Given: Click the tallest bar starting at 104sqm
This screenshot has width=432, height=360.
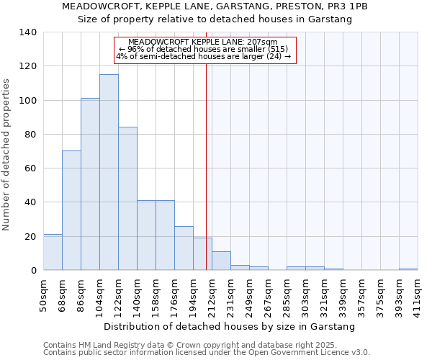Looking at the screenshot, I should pos(109,173).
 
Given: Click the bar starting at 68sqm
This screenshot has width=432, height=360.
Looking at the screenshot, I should pos(71,210).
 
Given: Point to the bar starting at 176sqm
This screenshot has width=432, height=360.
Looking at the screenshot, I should pos(184,248).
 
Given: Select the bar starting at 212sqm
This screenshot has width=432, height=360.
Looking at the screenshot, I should pos(221,261).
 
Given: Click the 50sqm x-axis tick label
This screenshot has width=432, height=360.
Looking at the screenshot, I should pos(44,296).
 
